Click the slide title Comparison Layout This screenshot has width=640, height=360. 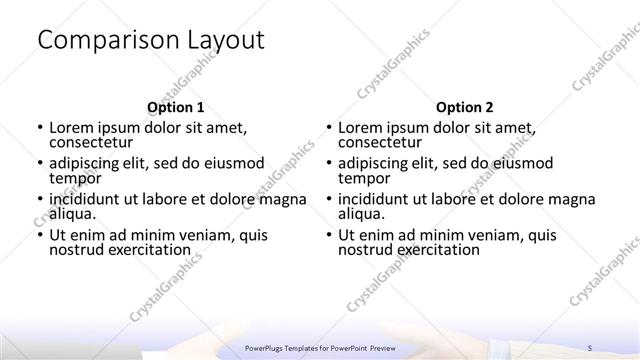click(150, 41)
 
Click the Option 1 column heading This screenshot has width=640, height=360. click(175, 107)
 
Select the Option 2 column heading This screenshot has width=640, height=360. click(464, 107)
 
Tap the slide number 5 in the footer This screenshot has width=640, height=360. click(590, 347)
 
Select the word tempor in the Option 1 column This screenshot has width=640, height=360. click(75, 178)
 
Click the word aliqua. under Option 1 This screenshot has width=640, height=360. click(72, 213)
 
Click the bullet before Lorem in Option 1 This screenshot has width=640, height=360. click(38, 128)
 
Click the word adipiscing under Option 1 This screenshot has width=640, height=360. click(88, 163)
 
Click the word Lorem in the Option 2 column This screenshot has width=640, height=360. click(362, 127)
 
